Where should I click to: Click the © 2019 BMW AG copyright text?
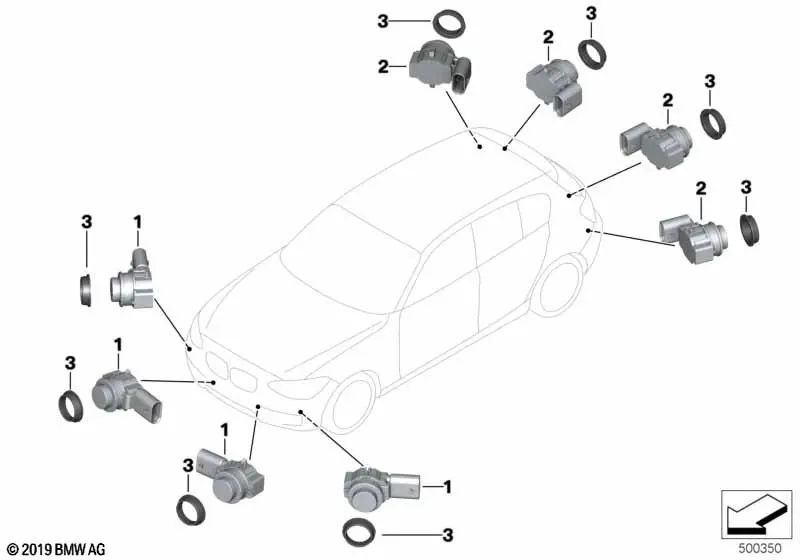coord(57,549)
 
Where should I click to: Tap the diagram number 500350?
coord(760,548)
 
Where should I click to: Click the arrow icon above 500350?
coord(757,514)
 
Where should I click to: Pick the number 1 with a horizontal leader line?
coord(447,487)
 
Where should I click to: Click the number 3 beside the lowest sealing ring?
coord(447,535)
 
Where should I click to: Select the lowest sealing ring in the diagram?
coord(359,532)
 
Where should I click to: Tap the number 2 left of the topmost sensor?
coord(383,66)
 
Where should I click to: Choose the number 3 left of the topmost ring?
coord(383,21)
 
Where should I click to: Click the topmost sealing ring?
coord(449,23)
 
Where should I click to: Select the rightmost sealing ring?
coord(749,231)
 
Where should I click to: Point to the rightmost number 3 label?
coord(746,187)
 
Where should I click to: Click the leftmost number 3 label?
coord(70,363)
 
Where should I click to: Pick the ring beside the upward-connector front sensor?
coord(86,290)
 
